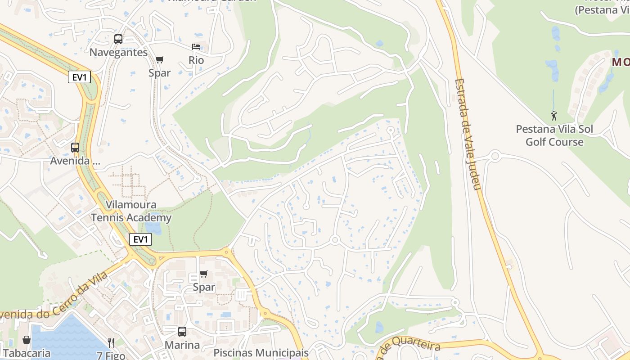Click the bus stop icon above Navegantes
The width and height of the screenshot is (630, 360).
(118, 39)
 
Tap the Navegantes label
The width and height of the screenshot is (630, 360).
(118, 52)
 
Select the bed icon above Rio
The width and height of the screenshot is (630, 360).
(196, 47)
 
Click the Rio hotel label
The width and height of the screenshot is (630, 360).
(196, 60)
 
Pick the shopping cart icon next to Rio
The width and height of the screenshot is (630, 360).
(160, 59)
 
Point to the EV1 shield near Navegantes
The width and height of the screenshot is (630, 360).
(80, 77)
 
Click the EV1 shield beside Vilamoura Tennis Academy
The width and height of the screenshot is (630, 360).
(140, 239)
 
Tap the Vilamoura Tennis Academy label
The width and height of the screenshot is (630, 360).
(131, 211)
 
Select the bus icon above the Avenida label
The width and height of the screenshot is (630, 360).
(75, 147)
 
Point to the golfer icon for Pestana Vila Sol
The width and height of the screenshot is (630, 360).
(554, 116)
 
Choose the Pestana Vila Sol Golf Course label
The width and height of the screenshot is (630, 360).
(554, 135)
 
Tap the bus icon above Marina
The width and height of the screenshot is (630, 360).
(182, 332)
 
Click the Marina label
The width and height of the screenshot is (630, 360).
(182, 345)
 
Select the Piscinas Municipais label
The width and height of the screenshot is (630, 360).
(261, 352)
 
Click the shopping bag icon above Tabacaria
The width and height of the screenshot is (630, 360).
(27, 340)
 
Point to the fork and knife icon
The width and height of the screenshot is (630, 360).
(111, 343)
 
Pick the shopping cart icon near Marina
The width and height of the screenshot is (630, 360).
(204, 274)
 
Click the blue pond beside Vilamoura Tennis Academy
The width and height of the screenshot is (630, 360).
(153, 228)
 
